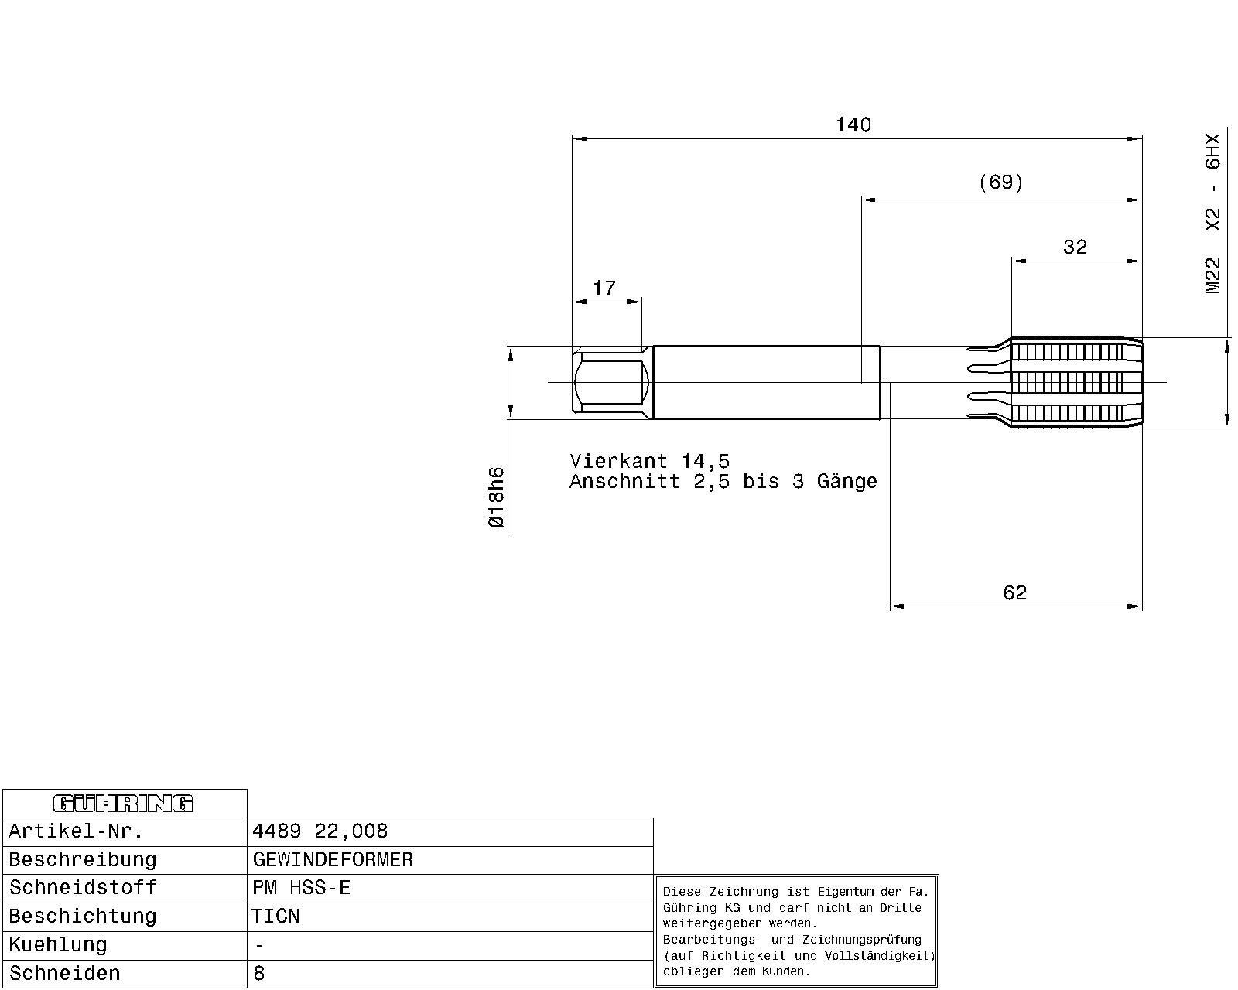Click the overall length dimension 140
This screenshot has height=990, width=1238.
click(x=853, y=125)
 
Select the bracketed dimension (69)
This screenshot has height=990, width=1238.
click(x=1001, y=183)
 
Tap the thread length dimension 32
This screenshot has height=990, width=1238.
click(x=1075, y=247)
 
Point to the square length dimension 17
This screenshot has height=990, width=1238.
click(x=604, y=288)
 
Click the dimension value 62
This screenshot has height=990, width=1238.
click(x=1015, y=592)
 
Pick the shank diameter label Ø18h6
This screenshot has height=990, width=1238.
click(x=496, y=497)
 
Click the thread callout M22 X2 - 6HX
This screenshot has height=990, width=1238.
click(x=1212, y=213)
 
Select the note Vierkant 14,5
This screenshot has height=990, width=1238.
click(x=649, y=461)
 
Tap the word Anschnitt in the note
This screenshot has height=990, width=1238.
click(x=624, y=481)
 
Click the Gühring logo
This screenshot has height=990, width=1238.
click(x=124, y=803)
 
